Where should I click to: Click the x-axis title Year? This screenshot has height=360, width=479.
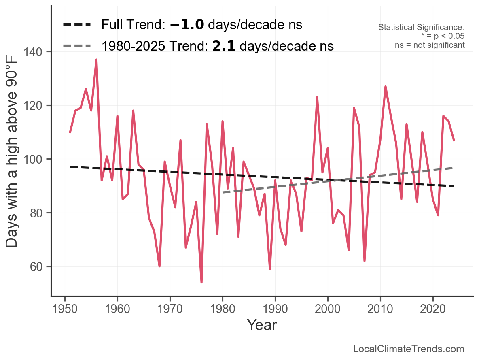pos(262,325)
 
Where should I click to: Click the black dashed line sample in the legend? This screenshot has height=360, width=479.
pos(77,25)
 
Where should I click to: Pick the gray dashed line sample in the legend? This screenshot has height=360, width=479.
pos(77,46)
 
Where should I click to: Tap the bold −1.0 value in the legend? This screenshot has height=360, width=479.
pos(187,25)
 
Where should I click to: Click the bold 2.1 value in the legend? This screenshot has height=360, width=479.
pos(224,46)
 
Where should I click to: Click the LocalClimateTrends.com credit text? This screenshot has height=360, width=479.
pos(409,349)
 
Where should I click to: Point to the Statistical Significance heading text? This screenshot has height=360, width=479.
pos(421,27)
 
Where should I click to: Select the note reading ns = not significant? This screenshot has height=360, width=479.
pos(430,45)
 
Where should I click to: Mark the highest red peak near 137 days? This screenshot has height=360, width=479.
pos(96,60)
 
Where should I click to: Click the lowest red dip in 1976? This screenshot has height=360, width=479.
pos(201,282)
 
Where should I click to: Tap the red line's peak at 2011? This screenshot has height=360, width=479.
pos(386,86)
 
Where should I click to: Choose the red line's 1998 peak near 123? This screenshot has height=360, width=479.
pos(317,97)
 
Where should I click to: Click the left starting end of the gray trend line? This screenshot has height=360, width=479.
pos(223,192)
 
